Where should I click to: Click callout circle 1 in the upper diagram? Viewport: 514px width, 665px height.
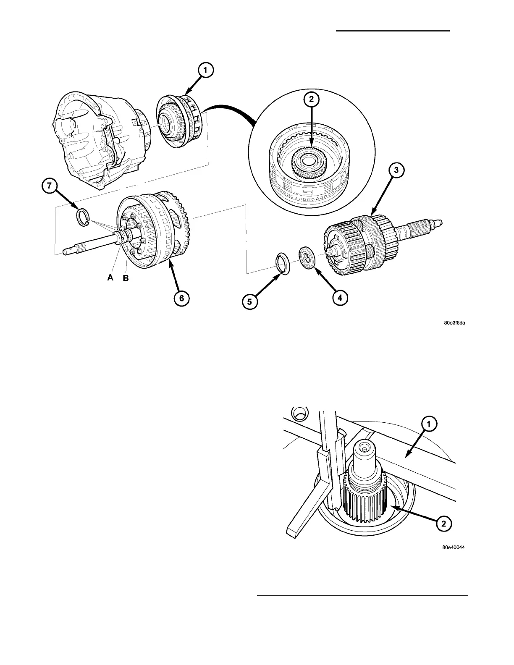(205, 71)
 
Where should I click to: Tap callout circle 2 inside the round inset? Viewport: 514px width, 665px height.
(312, 100)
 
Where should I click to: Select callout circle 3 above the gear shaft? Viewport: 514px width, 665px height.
(396, 171)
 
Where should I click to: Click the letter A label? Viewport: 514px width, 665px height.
(110, 278)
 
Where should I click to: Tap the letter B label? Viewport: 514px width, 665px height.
(125, 278)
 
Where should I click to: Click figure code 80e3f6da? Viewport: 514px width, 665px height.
(455, 323)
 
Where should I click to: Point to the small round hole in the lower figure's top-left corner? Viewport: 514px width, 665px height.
(300, 414)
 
